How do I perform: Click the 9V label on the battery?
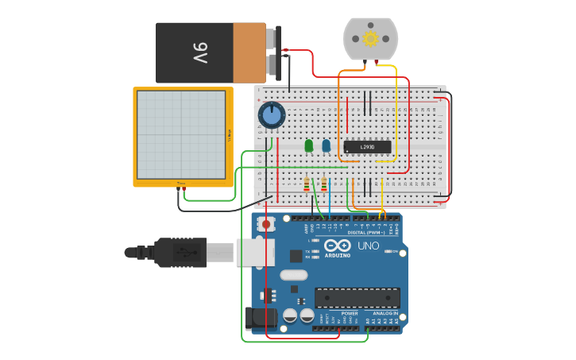(199, 52)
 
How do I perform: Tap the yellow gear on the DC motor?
(370, 38)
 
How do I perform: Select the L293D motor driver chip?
(367, 147)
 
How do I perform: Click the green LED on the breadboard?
(308, 145)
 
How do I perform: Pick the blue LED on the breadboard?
(326, 145)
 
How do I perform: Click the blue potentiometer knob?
(272, 115)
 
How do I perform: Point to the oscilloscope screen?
(181, 134)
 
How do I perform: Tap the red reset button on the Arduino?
(266, 224)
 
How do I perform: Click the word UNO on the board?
(369, 246)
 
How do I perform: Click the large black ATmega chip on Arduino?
(357, 298)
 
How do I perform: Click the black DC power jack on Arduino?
(261, 319)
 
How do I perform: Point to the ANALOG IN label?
(384, 313)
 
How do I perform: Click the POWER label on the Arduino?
(350, 313)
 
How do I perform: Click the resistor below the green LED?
(307, 184)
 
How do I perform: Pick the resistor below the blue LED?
(324, 184)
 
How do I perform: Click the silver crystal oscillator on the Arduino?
(293, 275)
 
